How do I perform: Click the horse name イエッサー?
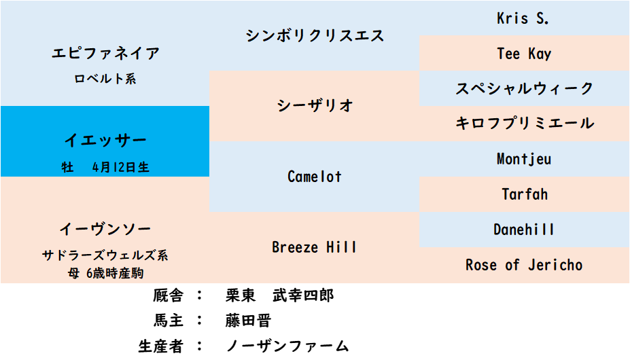(x=105, y=141)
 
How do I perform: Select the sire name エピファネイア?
(x=105, y=54)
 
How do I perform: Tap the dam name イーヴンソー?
(x=105, y=229)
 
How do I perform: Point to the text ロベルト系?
(x=105, y=79)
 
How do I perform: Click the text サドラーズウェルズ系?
(x=105, y=256)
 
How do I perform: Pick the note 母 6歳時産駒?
(x=105, y=273)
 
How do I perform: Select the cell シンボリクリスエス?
(x=315, y=35)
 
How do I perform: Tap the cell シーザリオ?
(x=315, y=106)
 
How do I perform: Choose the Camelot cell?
(x=315, y=177)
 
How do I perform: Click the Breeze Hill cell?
(x=315, y=247)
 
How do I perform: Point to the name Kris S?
(x=523, y=18)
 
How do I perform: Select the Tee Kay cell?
(x=524, y=54)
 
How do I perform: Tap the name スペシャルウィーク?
(x=524, y=88)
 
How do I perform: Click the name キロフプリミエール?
(x=524, y=124)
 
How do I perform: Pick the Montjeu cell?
(x=524, y=159)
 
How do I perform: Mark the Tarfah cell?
(x=524, y=194)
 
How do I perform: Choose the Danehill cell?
(x=524, y=230)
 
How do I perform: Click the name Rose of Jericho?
(x=524, y=265)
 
